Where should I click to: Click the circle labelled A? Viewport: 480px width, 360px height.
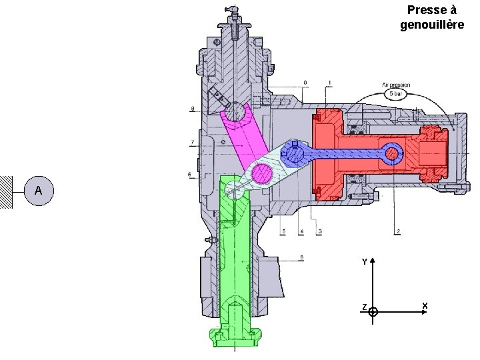tap(39, 191)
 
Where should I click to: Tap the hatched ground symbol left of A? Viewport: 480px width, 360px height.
tap(7, 191)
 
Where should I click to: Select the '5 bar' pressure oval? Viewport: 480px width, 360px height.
tap(396, 94)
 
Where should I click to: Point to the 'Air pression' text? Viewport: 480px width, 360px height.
tap(396, 85)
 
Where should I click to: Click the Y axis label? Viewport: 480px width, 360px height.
tap(364, 262)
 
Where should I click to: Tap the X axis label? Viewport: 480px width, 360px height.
tap(424, 306)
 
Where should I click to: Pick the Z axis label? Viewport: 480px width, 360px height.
tap(364, 307)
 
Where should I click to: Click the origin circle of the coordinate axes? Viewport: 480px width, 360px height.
tap(373, 311)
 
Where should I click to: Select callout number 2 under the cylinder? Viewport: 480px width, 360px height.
tap(397, 231)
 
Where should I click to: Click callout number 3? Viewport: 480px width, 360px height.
tap(319, 231)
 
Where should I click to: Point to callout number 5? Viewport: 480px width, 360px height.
tap(283, 231)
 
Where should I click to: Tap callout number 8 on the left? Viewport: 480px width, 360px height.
tap(192, 108)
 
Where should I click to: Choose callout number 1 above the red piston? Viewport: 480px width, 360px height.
tap(329, 83)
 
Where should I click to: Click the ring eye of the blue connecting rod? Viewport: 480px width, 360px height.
tap(392, 155)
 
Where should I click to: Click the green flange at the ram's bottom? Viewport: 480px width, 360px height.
tap(234, 336)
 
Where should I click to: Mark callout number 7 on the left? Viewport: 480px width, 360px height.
tap(192, 142)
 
